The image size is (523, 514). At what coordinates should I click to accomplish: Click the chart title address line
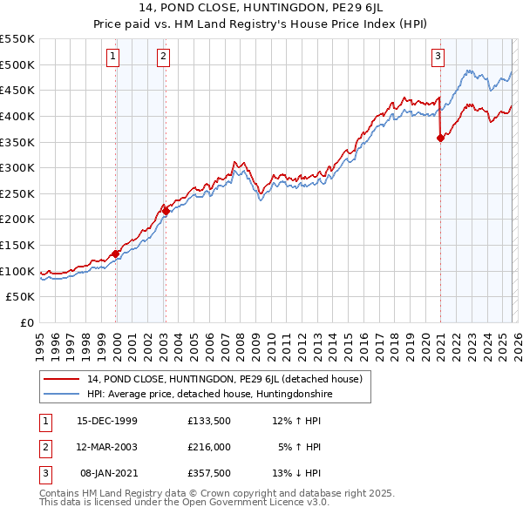click(261, 10)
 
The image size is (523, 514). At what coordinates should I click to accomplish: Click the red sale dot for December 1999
click(115, 254)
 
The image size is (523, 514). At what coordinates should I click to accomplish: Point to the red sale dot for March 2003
click(165, 211)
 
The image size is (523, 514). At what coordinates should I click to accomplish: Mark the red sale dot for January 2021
click(440, 138)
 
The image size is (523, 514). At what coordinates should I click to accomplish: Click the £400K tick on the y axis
click(18, 116)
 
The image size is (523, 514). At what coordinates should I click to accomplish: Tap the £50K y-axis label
click(22, 297)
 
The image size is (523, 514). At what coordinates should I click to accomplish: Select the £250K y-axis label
click(18, 193)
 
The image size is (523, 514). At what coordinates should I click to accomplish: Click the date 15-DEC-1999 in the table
click(107, 421)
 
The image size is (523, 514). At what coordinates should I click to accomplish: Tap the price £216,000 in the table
click(209, 447)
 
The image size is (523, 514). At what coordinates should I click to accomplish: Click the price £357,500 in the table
click(209, 473)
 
